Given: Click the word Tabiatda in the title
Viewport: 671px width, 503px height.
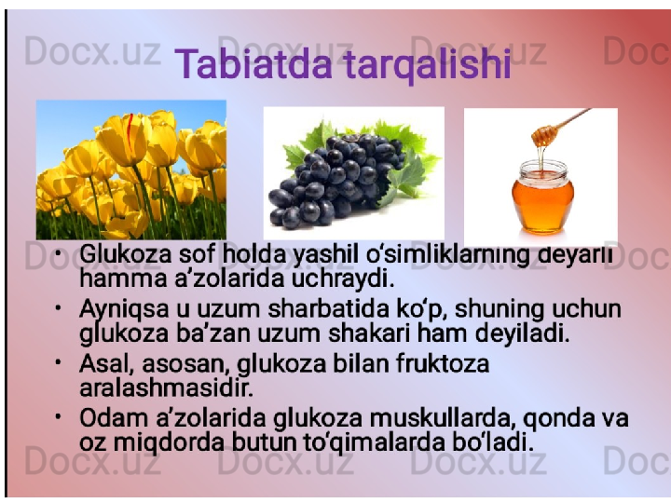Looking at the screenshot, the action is (x=253, y=64).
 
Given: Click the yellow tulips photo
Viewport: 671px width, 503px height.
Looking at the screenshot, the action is (x=131, y=170).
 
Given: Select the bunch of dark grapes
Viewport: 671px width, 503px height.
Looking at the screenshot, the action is (x=338, y=180).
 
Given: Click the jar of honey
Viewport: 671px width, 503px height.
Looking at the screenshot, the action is (x=542, y=197).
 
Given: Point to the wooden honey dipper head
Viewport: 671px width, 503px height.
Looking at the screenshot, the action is (x=544, y=135).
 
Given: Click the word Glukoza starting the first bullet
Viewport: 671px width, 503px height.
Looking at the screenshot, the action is (x=126, y=254).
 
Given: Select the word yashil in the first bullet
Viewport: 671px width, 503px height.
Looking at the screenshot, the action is (x=325, y=256).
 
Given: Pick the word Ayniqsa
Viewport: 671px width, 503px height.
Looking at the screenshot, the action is (x=125, y=310).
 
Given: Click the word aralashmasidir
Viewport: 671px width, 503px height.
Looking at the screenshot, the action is (x=167, y=387).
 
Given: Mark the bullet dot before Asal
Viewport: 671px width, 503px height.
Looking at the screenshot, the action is (x=58, y=362).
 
